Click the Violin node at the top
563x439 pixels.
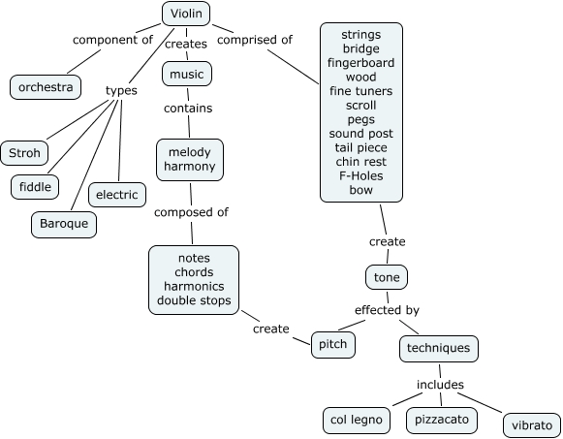point(186,13)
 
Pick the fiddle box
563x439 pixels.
point(35,185)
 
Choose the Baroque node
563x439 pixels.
point(63,224)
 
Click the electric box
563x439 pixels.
point(117,195)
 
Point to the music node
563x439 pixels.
point(186,74)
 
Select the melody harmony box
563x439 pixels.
point(189,160)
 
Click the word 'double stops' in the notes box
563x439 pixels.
point(195,300)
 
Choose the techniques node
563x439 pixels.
point(438,347)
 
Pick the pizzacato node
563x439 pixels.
point(441,420)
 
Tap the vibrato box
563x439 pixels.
point(531,425)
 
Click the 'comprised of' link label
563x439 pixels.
point(255,40)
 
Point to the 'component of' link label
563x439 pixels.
point(113,40)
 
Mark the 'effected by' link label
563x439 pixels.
point(386,310)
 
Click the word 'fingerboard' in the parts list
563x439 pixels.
point(361,62)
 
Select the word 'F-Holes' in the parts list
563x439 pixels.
point(361,176)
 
